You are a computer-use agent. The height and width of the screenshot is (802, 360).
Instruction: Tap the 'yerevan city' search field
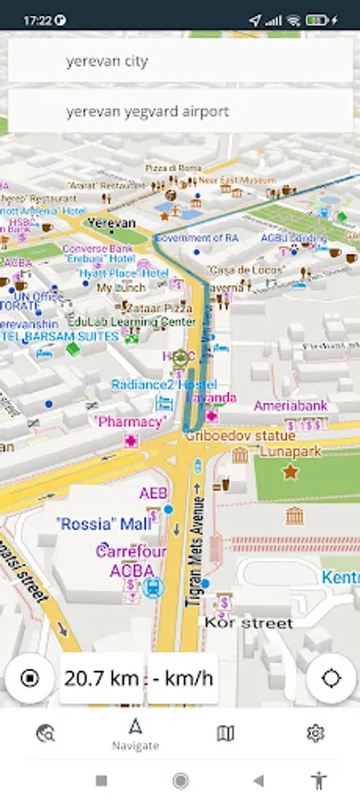click(180, 61)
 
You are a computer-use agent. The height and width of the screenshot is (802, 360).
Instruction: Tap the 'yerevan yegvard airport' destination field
click(180, 111)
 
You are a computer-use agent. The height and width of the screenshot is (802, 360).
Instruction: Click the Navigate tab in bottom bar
click(135, 734)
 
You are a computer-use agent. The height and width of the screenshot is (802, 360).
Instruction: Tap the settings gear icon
click(315, 732)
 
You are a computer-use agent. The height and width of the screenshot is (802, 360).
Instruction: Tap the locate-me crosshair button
click(331, 678)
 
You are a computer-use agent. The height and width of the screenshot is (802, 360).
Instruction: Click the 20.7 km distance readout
click(100, 679)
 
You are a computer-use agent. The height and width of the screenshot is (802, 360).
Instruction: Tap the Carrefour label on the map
click(131, 552)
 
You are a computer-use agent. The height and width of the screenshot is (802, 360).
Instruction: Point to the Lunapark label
click(290, 452)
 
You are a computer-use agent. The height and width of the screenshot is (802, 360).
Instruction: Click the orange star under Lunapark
click(290, 471)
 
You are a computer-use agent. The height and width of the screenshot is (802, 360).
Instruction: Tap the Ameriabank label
click(290, 405)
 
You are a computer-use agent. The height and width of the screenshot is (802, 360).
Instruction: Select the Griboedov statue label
click(239, 436)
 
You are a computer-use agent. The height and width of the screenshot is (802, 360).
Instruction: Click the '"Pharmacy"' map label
click(130, 421)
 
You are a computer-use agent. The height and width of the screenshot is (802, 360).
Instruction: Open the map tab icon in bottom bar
click(225, 732)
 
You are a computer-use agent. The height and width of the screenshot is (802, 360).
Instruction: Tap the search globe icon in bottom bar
click(45, 732)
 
